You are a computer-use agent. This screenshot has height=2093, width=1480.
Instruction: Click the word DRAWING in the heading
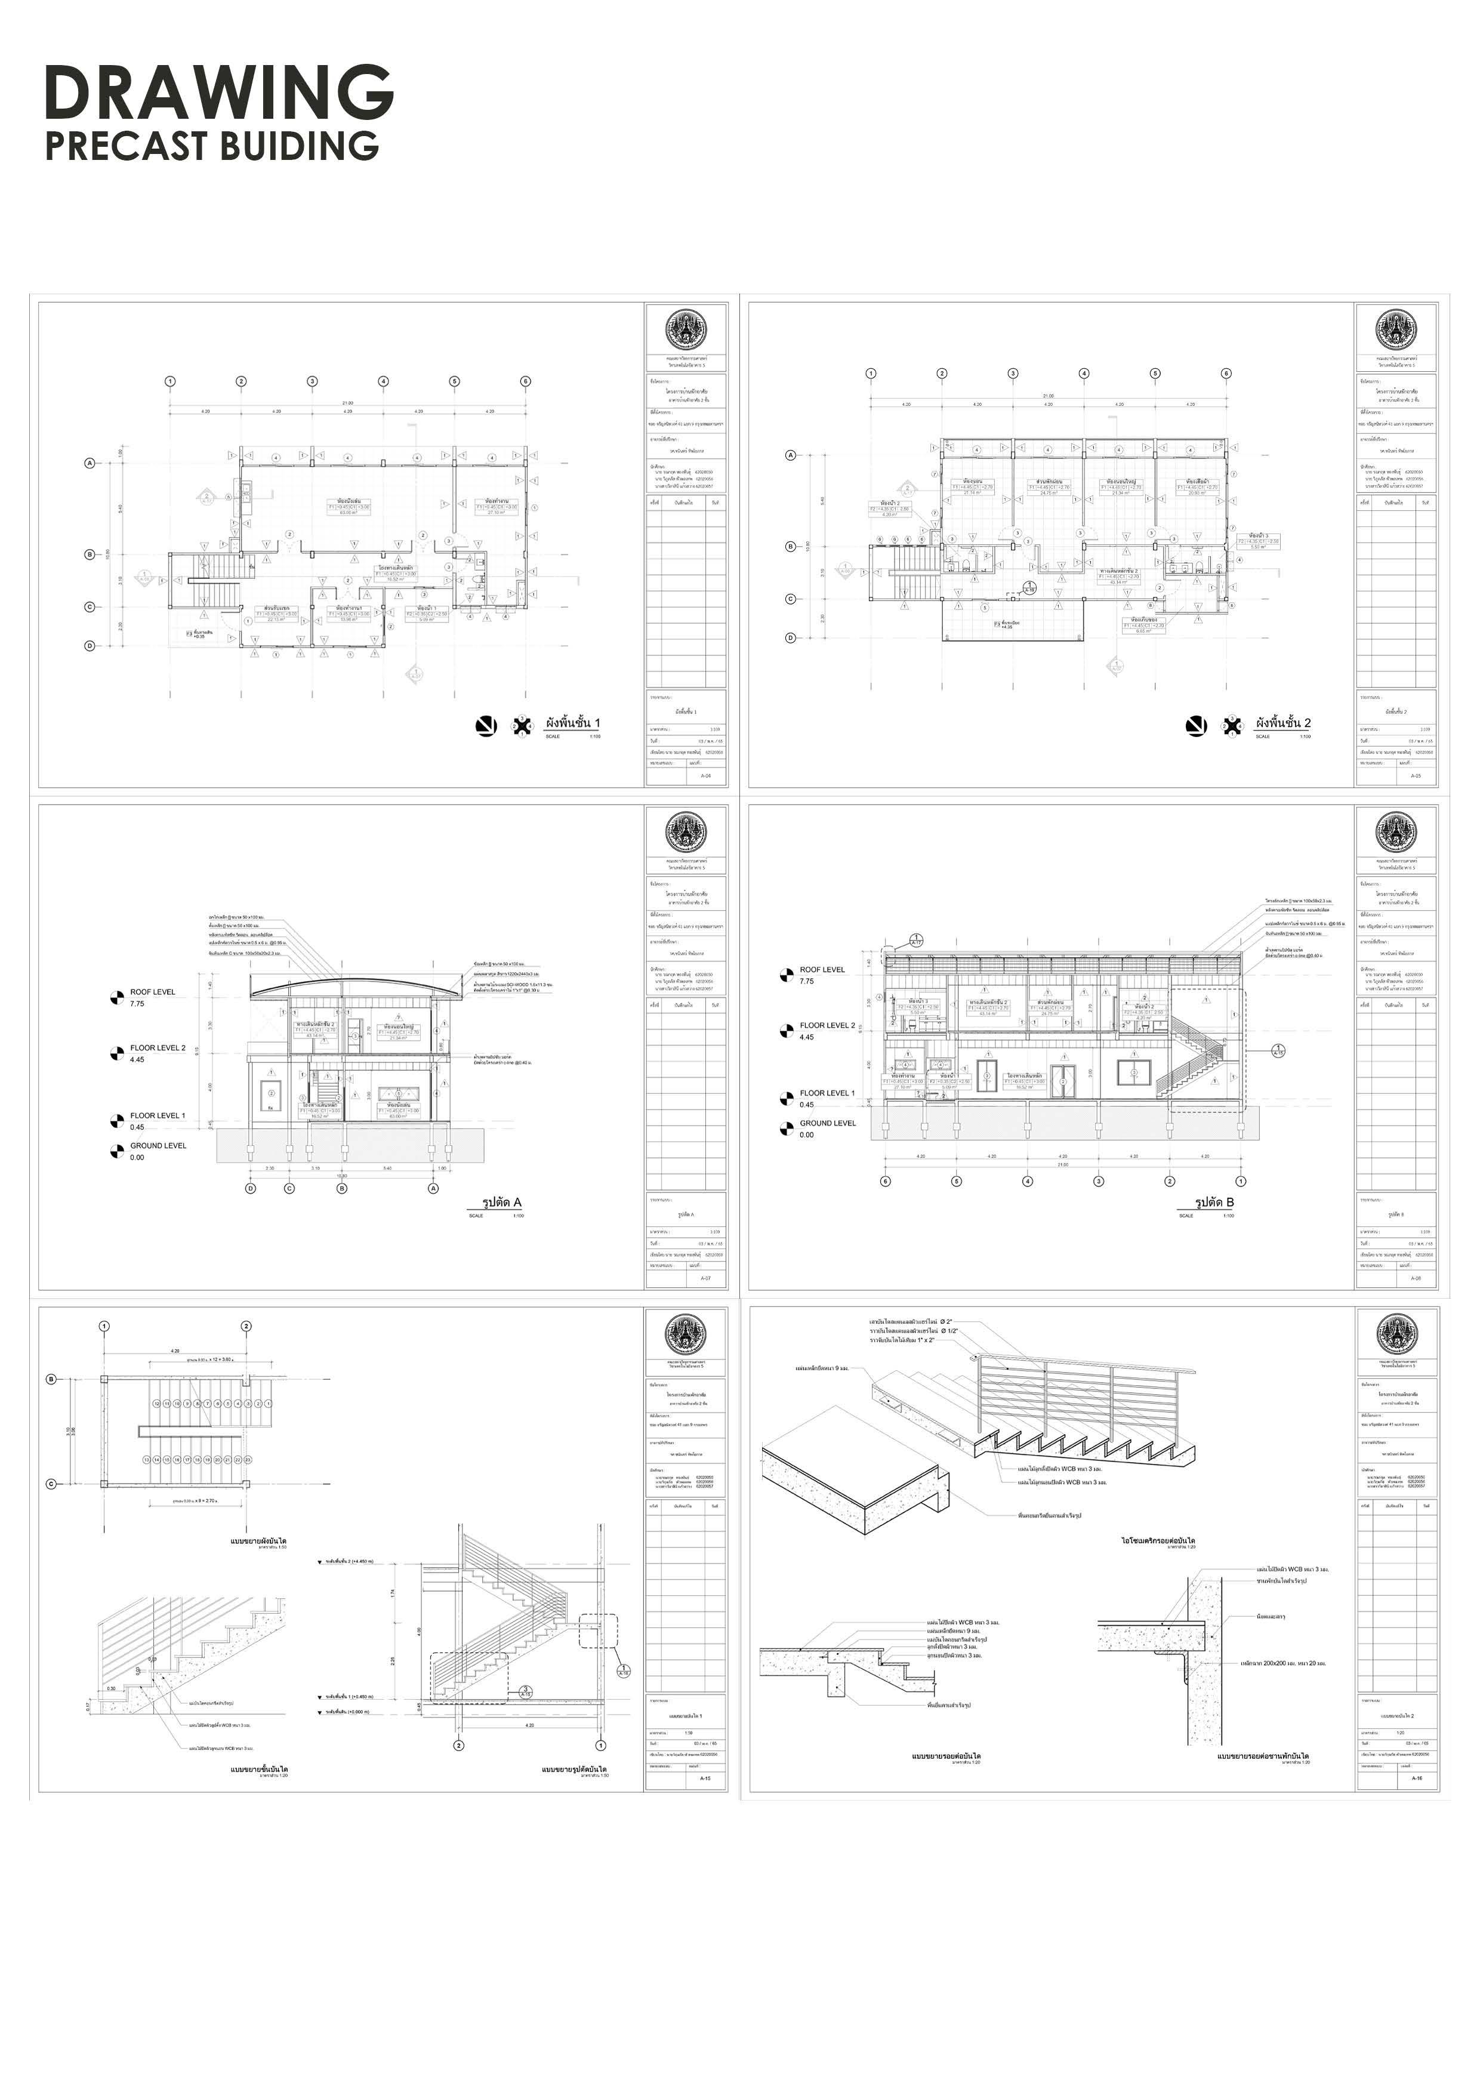coord(219,93)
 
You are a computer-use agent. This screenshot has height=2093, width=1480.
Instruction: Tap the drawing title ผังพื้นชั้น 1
coord(572,723)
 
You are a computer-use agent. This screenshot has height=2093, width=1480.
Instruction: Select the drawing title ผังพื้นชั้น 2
coord(1283,723)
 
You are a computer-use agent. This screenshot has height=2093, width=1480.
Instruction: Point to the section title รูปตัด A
coord(501,1203)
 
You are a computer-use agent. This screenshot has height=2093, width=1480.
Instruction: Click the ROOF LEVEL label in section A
coord(152,992)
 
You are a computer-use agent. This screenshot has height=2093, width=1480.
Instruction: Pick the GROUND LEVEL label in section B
coord(828,1123)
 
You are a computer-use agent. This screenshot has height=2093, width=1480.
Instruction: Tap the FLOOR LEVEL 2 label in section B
coord(828,1025)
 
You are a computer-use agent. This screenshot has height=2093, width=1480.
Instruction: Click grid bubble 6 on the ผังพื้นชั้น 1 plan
coord(525,381)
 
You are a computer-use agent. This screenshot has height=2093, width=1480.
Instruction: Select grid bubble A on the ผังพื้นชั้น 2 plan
coord(790,455)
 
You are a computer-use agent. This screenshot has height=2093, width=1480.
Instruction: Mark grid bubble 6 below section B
coord(885,1182)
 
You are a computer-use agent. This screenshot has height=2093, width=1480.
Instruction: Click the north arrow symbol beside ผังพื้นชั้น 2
coord(1196,726)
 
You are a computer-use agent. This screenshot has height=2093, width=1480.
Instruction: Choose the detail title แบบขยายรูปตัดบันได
coord(574,1770)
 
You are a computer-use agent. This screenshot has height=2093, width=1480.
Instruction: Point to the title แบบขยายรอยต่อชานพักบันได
coord(1262,1756)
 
